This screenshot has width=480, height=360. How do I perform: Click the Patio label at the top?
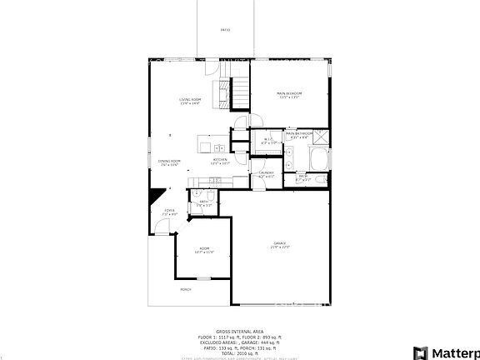[x=225, y=30]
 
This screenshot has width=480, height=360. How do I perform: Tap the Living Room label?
[x=190, y=102]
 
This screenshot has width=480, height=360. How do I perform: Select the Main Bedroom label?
[x=289, y=95]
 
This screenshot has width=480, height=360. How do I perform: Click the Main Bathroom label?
[x=299, y=135]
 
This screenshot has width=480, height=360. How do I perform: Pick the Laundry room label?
[x=266, y=174]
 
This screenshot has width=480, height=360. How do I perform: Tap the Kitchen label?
[x=220, y=161]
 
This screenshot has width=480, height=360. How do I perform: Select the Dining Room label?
[x=169, y=163]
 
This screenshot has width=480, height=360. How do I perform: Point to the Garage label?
[x=279, y=245]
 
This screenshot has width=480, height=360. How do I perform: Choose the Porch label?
[x=185, y=289]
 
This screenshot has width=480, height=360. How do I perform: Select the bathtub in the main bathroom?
[x=318, y=159]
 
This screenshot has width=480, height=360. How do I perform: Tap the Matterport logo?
[x=447, y=349]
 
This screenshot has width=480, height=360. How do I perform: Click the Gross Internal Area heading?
[x=239, y=331]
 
